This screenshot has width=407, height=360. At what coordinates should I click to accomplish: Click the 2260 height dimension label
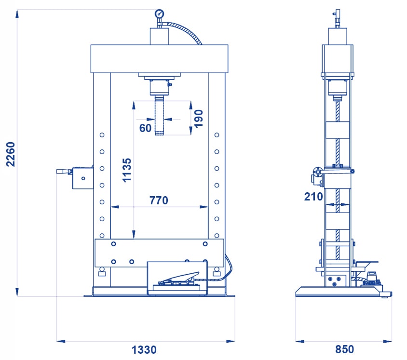tap(11, 154)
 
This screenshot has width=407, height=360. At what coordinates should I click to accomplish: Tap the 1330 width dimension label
tap(144, 349)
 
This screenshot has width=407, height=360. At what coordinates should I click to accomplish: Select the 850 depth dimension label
tap(344, 349)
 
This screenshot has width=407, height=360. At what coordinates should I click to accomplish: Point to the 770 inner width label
tap(159, 200)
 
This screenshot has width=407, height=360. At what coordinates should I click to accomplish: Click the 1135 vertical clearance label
tap(127, 170)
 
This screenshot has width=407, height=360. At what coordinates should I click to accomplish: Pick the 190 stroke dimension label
tap(198, 119)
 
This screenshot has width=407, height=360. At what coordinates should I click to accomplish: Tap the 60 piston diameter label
tap(145, 128)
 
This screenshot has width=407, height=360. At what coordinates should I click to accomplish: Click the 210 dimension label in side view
tap(313, 196)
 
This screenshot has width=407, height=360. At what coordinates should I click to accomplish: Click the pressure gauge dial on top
tap(159, 13)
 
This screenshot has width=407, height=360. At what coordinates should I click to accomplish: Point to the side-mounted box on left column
tap(83, 178)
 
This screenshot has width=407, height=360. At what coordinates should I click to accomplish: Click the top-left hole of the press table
tap(113, 244)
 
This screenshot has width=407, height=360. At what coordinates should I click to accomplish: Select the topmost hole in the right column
tap(217, 135)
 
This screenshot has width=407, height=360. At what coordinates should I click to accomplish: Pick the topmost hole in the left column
tap(102, 135)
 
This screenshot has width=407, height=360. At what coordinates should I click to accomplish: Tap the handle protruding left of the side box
tap(64, 172)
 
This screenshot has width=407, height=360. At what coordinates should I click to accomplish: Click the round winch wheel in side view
tap(317, 172)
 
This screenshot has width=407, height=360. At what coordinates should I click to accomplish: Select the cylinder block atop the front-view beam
tap(159, 36)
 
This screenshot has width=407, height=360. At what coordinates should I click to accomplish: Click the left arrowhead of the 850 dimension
tap(300, 341)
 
